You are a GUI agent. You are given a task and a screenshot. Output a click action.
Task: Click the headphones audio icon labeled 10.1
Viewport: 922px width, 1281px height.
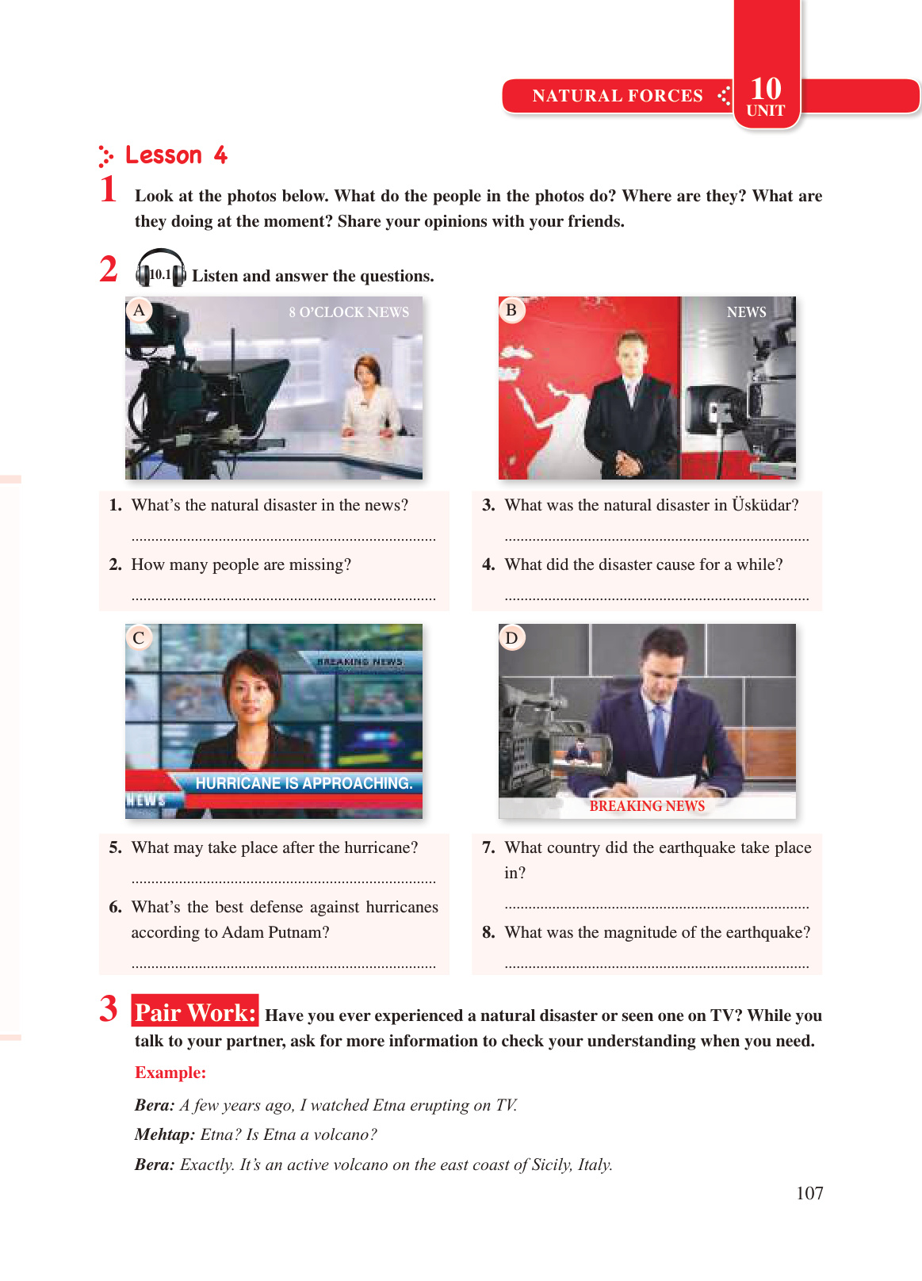pos(161,268)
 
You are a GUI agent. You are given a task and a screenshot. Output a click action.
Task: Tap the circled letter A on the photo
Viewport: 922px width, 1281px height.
pos(139,311)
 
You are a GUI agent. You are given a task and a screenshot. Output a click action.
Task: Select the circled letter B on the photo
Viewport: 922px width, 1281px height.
pos(511,311)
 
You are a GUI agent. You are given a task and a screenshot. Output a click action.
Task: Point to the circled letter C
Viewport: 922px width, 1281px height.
pos(139,637)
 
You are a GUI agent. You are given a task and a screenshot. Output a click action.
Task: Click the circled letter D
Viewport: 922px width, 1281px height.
pos(511,637)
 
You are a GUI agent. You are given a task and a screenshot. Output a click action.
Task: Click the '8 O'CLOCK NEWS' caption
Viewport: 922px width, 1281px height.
pos(349,312)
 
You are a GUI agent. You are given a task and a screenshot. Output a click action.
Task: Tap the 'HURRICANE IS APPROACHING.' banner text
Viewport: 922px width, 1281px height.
pos(304,783)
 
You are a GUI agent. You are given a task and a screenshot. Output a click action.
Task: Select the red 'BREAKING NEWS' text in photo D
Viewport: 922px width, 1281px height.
pos(647,805)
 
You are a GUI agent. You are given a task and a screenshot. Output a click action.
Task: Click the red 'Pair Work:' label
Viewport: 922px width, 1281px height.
pos(195,1013)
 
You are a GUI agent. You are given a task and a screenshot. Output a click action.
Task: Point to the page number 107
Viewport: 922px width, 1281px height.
pos(809,1193)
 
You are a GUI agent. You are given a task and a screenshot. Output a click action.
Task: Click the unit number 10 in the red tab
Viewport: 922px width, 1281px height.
pos(766,90)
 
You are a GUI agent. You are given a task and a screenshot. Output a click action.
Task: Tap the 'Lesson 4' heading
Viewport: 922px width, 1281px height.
pos(176,155)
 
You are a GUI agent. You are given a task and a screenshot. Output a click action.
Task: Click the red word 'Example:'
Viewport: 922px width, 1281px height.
pos(170,1073)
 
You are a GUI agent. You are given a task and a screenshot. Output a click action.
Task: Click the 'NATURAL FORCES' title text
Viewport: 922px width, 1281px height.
pos(618,96)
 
